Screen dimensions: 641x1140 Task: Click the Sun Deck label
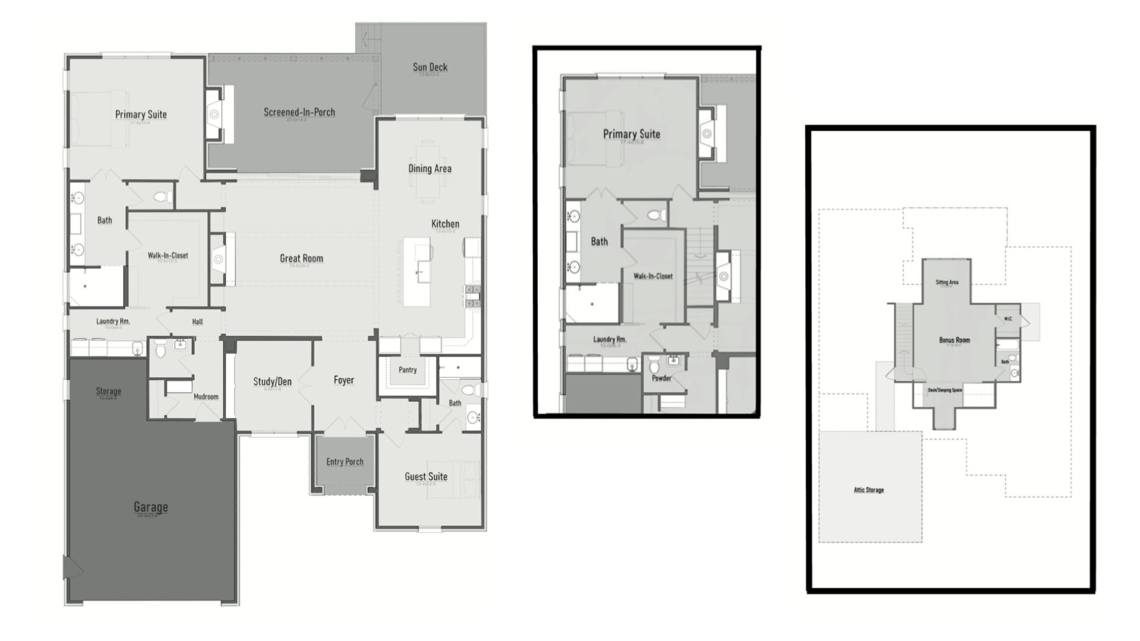(x=430, y=67)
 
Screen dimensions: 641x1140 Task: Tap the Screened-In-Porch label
(x=299, y=112)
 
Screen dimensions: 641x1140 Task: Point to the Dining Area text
(x=429, y=169)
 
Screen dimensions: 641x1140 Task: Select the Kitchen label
(x=445, y=224)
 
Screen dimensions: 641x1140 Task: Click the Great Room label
(x=301, y=258)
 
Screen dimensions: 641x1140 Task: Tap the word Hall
(x=197, y=322)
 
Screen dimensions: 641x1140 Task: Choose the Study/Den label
(x=272, y=382)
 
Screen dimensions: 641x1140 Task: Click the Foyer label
(x=343, y=380)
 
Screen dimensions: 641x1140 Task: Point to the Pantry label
(x=407, y=370)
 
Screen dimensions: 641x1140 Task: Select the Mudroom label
(x=206, y=396)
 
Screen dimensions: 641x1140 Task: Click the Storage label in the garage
(x=108, y=391)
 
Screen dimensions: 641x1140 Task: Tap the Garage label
(x=150, y=507)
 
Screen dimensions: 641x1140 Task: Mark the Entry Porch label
(x=344, y=462)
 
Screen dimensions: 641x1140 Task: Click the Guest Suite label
(x=426, y=477)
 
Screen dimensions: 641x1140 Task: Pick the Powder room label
(x=661, y=378)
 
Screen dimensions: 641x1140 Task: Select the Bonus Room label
(x=954, y=340)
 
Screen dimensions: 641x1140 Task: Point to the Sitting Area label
(x=947, y=283)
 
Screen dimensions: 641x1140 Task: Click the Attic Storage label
(x=869, y=490)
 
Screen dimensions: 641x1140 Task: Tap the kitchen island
(x=417, y=272)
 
